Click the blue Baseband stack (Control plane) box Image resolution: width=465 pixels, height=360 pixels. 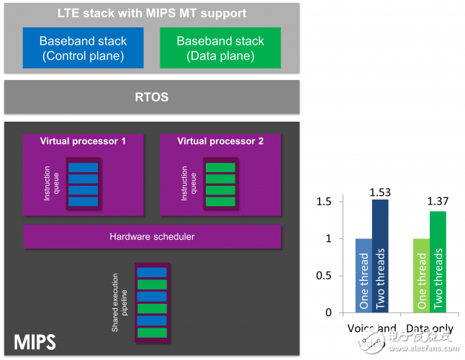83,48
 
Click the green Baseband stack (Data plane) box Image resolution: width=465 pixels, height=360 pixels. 220,48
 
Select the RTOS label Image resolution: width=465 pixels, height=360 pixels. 152,96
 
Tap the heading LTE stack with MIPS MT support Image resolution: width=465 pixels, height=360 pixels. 152,14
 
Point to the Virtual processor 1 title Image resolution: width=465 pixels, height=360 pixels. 83,141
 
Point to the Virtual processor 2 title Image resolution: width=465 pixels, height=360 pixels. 220,141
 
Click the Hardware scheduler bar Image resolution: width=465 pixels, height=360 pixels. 152,236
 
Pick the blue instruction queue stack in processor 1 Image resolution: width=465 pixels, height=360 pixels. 82,184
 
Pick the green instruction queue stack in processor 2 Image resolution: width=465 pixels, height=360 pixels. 220,184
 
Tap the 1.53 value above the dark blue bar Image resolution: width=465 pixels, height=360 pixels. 379,192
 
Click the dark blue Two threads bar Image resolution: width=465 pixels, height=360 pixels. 380,256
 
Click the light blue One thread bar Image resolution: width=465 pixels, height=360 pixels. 364,276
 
